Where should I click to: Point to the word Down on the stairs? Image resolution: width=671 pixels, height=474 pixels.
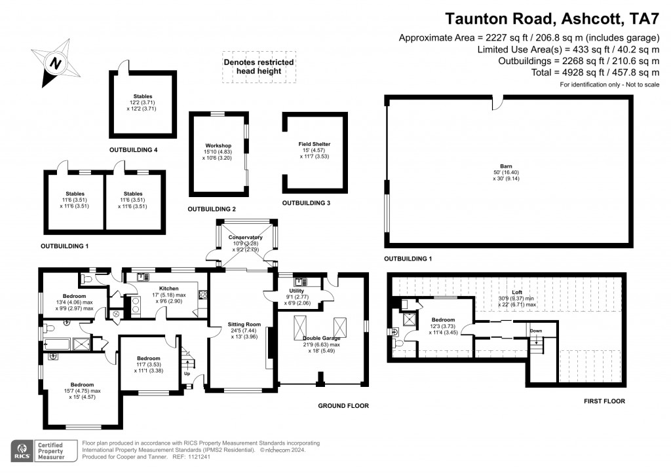tap(535, 331)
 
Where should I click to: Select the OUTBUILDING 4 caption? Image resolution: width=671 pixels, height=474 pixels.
tap(133, 150)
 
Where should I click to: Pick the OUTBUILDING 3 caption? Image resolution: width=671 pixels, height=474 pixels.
tap(306, 203)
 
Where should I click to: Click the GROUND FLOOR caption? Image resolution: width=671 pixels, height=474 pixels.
tap(343, 406)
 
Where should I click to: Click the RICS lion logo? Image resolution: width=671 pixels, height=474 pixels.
tap(22, 450)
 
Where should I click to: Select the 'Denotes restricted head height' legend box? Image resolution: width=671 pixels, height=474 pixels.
tap(259, 67)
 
